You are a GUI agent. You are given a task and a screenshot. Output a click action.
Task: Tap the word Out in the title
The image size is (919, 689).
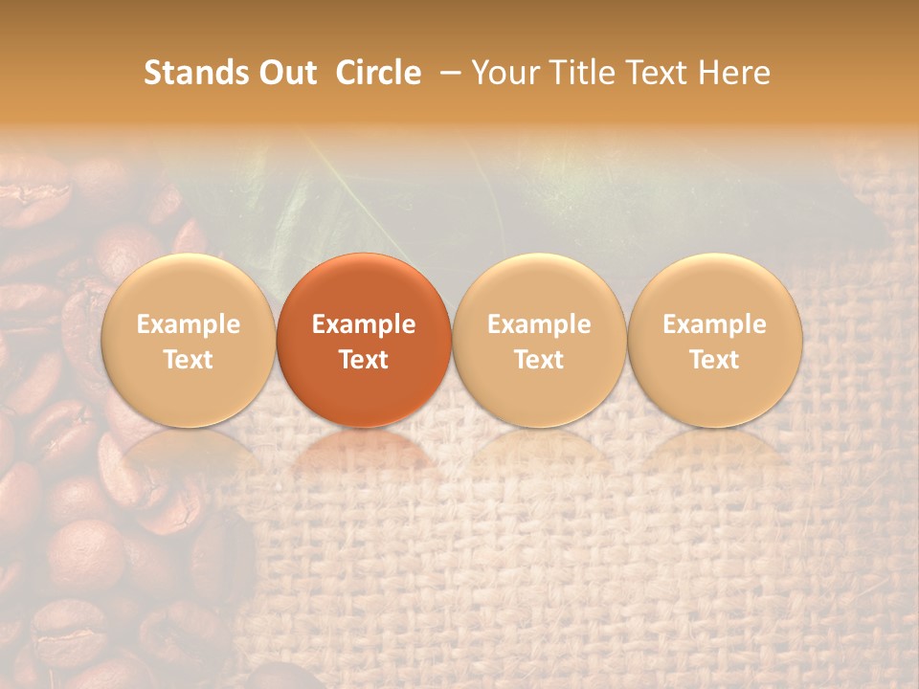[x=285, y=73]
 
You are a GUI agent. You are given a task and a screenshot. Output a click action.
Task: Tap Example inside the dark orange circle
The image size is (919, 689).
[x=364, y=324]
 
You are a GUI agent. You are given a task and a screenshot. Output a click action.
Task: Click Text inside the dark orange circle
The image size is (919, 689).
[x=364, y=360]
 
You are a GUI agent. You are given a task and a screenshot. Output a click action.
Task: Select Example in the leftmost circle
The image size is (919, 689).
[x=189, y=324]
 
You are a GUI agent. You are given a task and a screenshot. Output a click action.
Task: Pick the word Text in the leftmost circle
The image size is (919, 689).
[x=189, y=360]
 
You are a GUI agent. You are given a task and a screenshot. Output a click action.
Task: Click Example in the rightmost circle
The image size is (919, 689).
[x=714, y=324]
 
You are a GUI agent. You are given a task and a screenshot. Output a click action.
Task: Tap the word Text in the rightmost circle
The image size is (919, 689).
[x=714, y=360]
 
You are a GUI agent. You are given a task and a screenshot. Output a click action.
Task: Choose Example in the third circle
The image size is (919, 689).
[x=539, y=324]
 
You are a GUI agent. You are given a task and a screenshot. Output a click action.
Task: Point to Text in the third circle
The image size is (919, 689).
[x=539, y=360]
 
